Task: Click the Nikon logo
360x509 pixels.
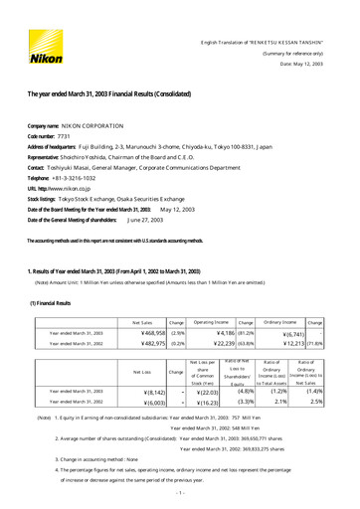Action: [44, 45]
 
